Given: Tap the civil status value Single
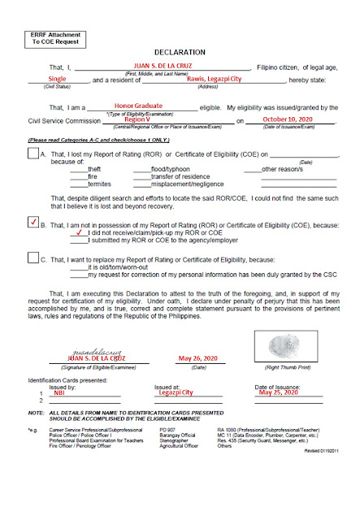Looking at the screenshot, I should tap(59, 80).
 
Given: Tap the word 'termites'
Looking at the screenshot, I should tap(99, 184).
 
